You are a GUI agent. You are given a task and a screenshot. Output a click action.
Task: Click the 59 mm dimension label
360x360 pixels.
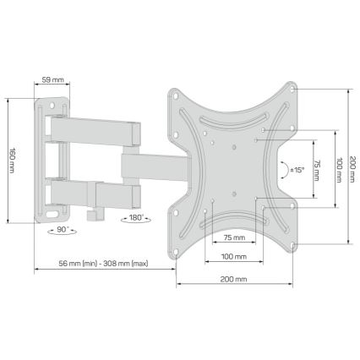click(52, 81)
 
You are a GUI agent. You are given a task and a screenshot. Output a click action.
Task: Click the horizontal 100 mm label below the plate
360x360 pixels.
click(233, 257)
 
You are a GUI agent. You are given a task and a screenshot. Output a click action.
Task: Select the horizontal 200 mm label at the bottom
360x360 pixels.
click(234, 280)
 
